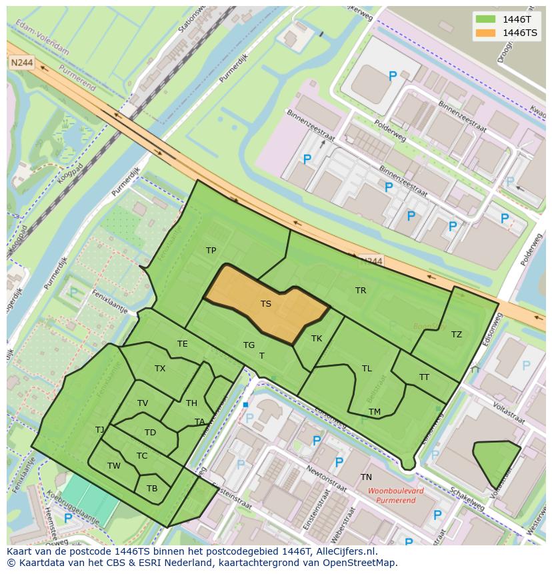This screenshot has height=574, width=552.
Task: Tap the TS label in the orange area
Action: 266,304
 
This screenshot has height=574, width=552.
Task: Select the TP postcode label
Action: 211,251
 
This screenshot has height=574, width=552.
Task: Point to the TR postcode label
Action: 361,291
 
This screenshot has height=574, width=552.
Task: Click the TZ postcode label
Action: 457,335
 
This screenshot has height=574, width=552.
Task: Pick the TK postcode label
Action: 317,339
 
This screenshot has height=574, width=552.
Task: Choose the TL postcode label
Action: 367,369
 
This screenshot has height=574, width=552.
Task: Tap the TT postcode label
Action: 425,377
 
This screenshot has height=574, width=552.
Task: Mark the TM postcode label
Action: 375,412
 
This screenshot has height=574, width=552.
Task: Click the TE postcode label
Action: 183,344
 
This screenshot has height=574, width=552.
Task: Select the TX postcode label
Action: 160,369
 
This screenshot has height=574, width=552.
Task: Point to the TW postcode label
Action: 114,466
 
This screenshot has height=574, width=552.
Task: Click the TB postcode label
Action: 152,489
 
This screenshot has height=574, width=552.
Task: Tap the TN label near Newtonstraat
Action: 366,477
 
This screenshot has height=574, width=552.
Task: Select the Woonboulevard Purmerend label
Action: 395,495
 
